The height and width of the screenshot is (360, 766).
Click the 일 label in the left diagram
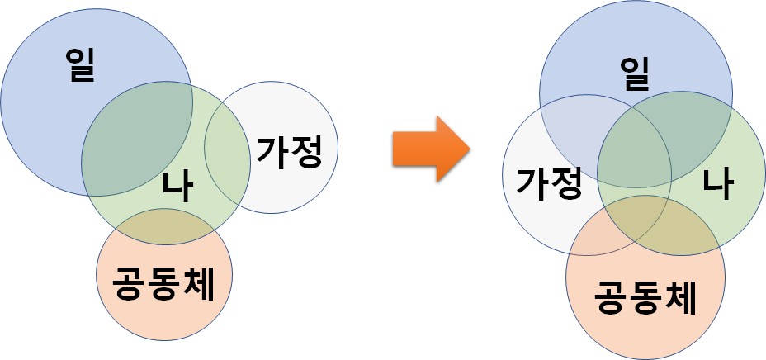point(81,64)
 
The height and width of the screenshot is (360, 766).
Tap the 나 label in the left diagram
point(177,187)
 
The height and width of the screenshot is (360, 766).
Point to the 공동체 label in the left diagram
point(163,285)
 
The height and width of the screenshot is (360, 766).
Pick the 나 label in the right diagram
point(717,182)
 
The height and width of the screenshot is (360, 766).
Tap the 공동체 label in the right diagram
point(645,297)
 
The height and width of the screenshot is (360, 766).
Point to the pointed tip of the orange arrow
point(469,149)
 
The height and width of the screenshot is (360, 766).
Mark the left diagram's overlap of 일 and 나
point(136,136)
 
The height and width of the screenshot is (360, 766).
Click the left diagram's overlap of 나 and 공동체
point(164,227)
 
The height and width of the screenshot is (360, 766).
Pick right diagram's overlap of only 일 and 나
point(693,124)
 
